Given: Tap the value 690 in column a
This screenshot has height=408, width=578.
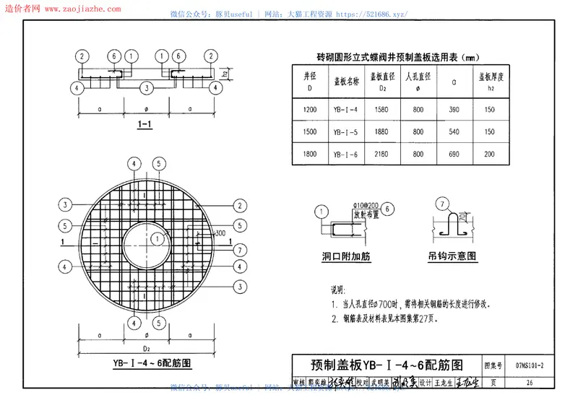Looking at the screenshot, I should [x=454, y=154].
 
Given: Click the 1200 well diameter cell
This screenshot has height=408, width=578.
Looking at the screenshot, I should [x=311, y=110].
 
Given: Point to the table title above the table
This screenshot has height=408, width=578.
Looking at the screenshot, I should [x=398, y=57].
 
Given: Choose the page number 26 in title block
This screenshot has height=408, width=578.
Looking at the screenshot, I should [x=530, y=382].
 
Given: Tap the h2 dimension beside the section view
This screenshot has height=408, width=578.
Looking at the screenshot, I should [x=227, y=72].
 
